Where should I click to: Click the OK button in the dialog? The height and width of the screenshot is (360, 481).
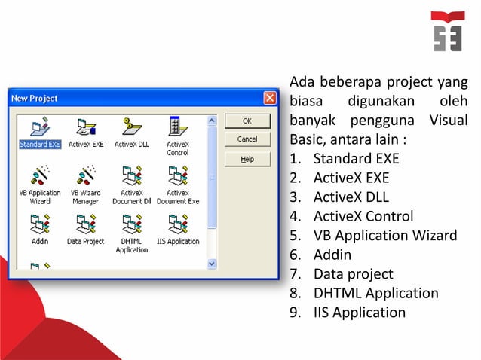point(247,120)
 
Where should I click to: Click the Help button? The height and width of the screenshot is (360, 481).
point(247,159)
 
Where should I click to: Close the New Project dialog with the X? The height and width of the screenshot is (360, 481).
point(269,98)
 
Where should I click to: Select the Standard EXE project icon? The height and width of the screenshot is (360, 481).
point(40,127)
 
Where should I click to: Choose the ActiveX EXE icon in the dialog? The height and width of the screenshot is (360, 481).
point(86,127)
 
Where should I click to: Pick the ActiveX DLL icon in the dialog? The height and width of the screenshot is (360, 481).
point(131,127)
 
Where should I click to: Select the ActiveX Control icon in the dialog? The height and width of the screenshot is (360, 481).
point(177,127)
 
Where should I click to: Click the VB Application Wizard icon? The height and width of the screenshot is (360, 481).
point(40,176)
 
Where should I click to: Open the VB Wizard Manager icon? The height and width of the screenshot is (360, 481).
point(86,176)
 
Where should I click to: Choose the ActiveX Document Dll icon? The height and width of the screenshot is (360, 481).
point(131,176)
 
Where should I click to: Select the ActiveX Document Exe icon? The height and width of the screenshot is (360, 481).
point(177,176)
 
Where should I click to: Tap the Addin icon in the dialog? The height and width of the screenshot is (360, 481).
point(40,225)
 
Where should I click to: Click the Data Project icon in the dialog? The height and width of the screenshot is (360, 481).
point(86,225)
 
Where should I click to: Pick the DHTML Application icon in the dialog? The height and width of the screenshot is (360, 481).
point(131,225)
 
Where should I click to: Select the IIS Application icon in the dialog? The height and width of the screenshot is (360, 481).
point(177,225)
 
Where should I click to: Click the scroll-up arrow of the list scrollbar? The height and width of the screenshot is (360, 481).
point(211,120)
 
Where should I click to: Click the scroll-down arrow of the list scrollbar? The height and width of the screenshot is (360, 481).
point(211,264)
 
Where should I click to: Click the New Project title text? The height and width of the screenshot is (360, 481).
point(34,99)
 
